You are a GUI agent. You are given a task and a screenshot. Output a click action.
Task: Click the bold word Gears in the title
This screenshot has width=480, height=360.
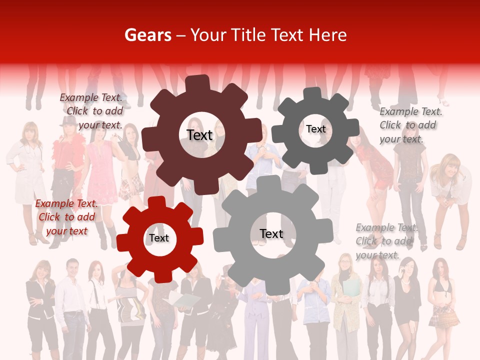147,35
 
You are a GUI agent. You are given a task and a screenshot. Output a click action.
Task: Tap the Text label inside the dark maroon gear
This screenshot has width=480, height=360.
199,135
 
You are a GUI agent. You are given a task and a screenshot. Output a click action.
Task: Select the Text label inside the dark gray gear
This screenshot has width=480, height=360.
316,129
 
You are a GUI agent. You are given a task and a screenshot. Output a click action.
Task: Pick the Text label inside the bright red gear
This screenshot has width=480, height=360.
159,238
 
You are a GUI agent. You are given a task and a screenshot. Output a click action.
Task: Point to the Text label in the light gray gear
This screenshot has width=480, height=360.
271,233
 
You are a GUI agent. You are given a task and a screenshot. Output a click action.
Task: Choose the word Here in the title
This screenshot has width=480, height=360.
327,35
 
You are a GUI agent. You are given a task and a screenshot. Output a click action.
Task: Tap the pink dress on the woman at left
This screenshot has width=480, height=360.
101,172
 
